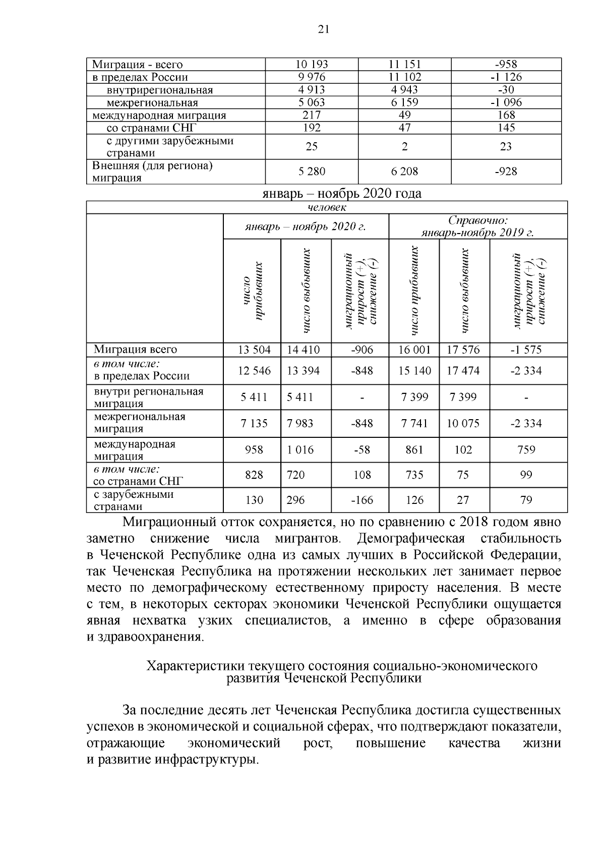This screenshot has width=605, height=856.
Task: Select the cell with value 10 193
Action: [312, 65]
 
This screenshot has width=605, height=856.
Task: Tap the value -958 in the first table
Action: [506, 65]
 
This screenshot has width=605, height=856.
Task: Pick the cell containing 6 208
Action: [404, 172]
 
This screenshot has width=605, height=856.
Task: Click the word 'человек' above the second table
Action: [327, 207]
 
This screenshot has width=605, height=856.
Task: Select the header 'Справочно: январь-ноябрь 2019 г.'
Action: [477, 226]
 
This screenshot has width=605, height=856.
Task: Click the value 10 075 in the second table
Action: [463, 424]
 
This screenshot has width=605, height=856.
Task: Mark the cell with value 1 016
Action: [300, 450]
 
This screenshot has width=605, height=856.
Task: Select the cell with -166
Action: [362, 500]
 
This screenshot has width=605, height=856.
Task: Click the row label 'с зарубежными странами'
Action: [134, 500]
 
